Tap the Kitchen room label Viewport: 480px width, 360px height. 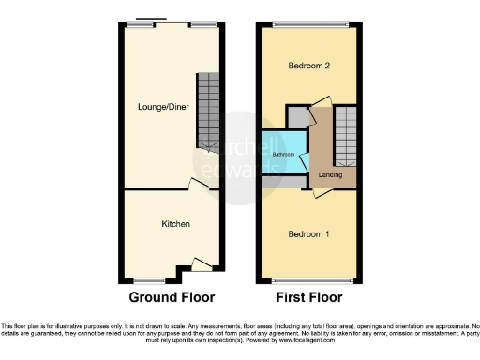point(175,224)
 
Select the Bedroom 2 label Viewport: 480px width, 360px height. point(307,67)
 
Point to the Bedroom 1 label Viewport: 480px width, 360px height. point(307,233)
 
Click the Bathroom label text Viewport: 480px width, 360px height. point(283,153)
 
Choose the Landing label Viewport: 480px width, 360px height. point(330,175)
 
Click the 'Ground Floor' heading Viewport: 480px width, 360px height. point(172,297)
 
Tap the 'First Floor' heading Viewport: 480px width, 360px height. point(308,297)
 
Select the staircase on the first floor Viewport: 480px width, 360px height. point(346,131)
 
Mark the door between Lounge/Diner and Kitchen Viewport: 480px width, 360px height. point(196,185)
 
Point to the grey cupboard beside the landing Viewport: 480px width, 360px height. point(297,116)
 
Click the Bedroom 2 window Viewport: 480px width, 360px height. point(307,23)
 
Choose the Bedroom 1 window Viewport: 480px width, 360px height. point(307,279)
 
